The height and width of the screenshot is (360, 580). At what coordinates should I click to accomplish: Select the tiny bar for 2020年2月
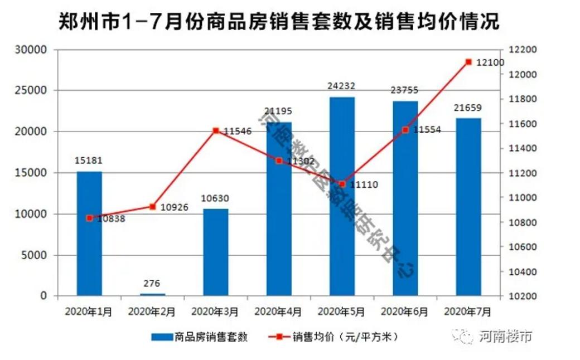152,294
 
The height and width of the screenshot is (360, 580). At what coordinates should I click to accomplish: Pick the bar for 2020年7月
468,206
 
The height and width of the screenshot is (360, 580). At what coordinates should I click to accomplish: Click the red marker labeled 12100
468,62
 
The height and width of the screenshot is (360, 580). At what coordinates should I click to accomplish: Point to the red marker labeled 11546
216,131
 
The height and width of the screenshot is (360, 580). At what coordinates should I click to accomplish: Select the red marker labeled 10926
153,207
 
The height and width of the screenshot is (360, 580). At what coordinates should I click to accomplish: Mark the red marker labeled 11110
342,184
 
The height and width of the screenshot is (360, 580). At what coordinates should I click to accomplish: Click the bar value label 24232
342,86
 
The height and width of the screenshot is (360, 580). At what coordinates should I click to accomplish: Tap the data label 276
152,283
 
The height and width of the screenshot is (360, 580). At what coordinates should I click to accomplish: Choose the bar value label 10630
216,198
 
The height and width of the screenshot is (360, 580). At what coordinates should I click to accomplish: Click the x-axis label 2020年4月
278,312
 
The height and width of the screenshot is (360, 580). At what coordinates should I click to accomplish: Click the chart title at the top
279,22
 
